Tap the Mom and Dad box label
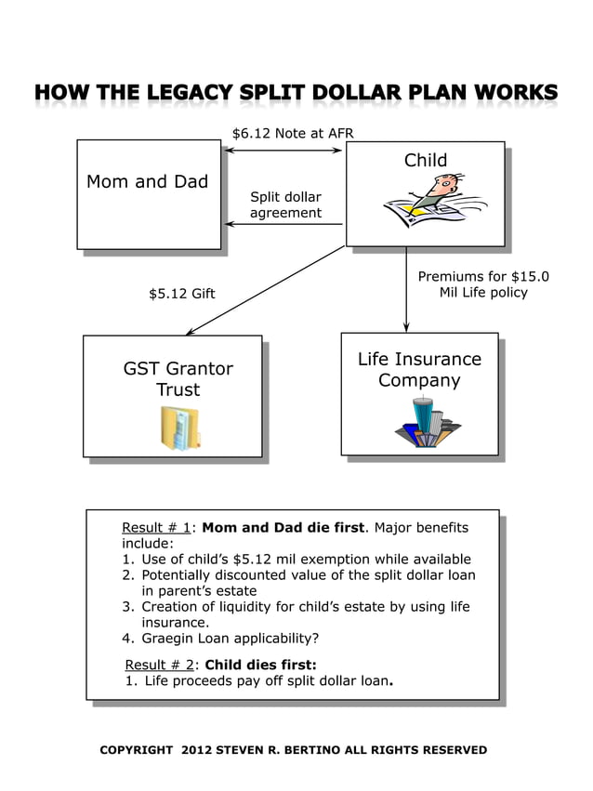(x=147, y=181)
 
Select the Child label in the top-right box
(x=425, y=161)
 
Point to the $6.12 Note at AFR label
(x=293, y=133)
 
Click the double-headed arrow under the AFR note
(x=284, y=151)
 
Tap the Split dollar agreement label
(x=285, y=204)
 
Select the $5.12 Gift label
(x=181, y=294)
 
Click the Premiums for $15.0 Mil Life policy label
(x=482, y=284)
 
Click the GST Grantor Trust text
(x=178, y=379)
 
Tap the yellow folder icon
(x=179, y=428)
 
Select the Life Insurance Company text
(x=419, y=370)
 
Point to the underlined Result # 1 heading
(x=156, y=528)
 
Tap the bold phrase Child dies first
(x=260, y=665)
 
